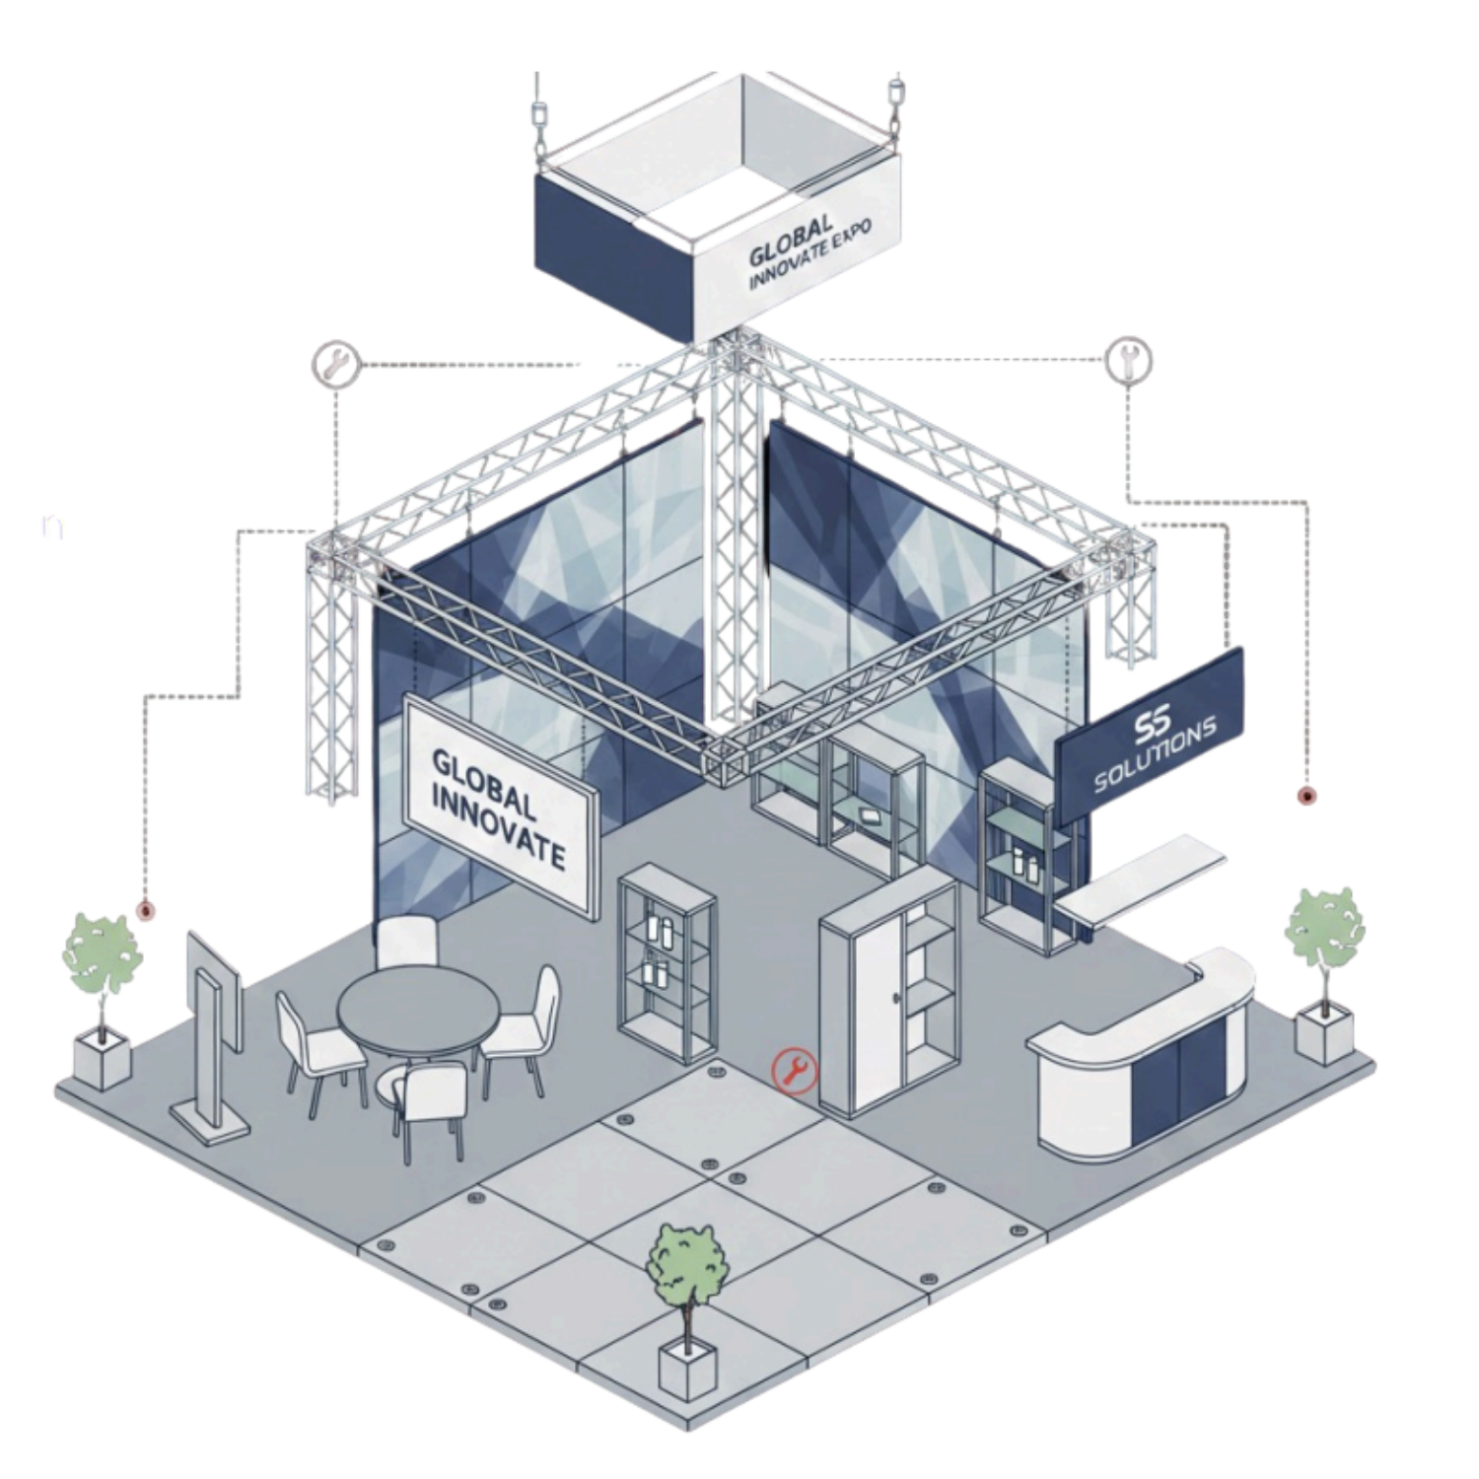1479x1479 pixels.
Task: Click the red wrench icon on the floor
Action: [x=795, y=1070]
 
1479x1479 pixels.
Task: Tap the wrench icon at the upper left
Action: [x=331, y=362]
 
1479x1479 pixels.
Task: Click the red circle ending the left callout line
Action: [x=146, y=913]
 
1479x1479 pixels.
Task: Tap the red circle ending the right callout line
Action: [x=1306, y=795]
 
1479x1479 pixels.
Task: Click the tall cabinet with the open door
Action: [x=887, y=996]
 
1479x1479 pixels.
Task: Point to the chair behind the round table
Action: [x=406, y=945]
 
